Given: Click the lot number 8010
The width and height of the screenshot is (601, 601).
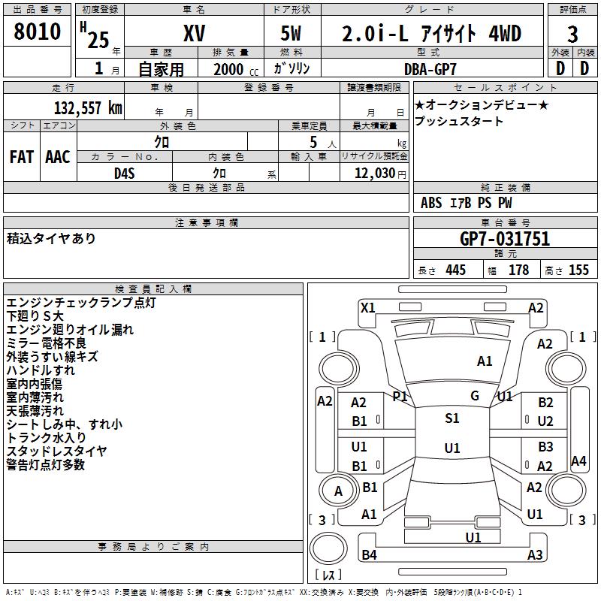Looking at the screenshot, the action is click(x=38, y=33).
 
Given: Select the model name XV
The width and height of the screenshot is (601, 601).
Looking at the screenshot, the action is click(x=194, y=34).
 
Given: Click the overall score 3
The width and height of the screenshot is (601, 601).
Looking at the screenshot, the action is click(x=572, y=34).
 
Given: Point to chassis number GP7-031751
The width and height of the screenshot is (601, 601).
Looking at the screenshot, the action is click(x=505, y=239).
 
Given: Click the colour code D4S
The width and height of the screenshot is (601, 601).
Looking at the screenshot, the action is click(x=124, y=173).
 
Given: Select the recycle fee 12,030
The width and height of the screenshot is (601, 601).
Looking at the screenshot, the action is click(x=373, y=173).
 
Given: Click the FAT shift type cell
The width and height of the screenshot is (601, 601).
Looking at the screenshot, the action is click(x=21, y=156).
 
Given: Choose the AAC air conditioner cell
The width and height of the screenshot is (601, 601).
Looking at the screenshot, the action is click(x=58, y=156).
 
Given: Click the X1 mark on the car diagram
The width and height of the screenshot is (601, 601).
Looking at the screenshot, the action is click(x=367, y=307).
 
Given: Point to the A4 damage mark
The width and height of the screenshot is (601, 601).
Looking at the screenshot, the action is click(x=578, y=461).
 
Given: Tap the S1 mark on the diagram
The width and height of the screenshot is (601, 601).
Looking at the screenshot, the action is click(x=452, y=418).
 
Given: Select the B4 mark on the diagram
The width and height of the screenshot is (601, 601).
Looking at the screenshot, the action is click(x=369, y=555).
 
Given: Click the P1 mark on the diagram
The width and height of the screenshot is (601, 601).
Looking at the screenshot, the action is click(x=400, y=396).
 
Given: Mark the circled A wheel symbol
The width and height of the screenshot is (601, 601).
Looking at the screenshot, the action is click(x=338, y=491).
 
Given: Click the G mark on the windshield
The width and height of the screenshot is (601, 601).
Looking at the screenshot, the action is click(x=475, y=396).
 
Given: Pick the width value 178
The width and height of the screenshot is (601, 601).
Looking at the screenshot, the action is click(x=518, y=270).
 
